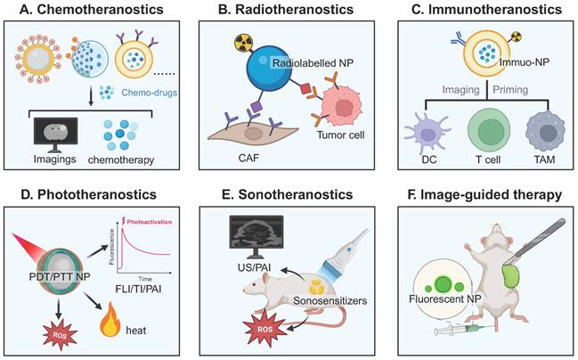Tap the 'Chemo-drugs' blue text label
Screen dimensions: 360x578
click(x=147, y=91)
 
